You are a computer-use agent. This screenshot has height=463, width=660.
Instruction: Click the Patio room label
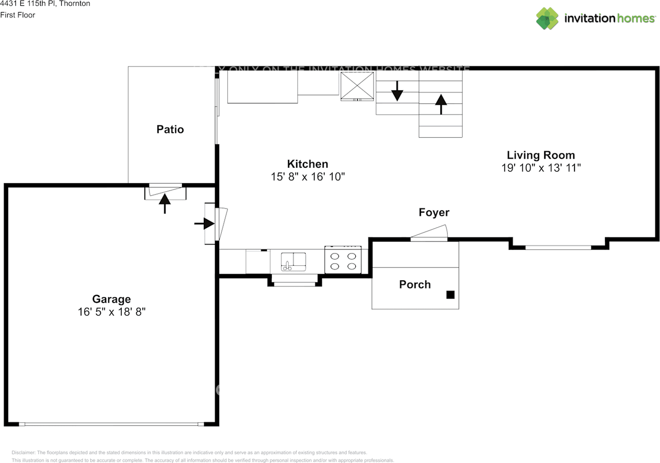point(170,130)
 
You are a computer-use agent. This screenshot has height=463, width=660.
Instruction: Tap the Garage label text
point(111,299)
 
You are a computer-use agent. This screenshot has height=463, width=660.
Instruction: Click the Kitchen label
point(307,164)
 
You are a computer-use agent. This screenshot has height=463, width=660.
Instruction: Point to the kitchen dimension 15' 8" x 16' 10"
point(308,177)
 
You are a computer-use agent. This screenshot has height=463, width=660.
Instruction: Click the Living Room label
point(541,155)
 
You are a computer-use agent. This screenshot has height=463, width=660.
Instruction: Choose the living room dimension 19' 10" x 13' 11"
point(541,168)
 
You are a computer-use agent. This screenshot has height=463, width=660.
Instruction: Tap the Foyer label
point(434,213)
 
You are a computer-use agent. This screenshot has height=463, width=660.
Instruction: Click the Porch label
point(415,284)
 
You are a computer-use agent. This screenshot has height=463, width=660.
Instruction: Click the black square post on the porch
point(450,295)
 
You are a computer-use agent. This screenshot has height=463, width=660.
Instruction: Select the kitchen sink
point(293,261)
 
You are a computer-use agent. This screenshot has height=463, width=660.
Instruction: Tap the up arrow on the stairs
point(441,104)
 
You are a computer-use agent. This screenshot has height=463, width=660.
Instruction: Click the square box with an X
point(357,86)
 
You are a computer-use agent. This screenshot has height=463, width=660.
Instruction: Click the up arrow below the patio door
point(164,203)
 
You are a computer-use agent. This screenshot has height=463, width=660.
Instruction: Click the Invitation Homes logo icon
point(547,19)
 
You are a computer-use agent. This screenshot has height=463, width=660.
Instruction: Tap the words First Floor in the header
point(18,15)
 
